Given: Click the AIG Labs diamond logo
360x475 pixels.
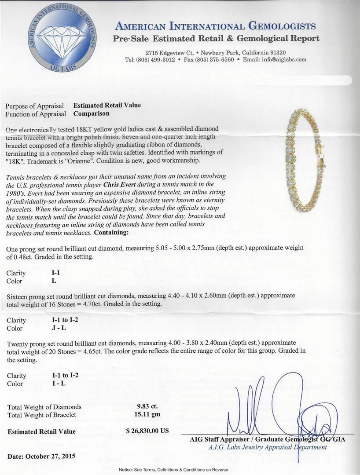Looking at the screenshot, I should click(x=62, y=38).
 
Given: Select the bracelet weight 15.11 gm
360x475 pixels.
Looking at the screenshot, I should click(x=147, y=414).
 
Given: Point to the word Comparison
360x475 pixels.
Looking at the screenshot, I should click(x=91, y=113).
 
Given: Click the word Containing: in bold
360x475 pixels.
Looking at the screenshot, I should click(x=112, y=232).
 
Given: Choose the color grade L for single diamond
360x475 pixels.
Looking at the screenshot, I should click(x=54, y=281).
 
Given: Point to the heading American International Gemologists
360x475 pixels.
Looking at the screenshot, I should click(x=216, y=26).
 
